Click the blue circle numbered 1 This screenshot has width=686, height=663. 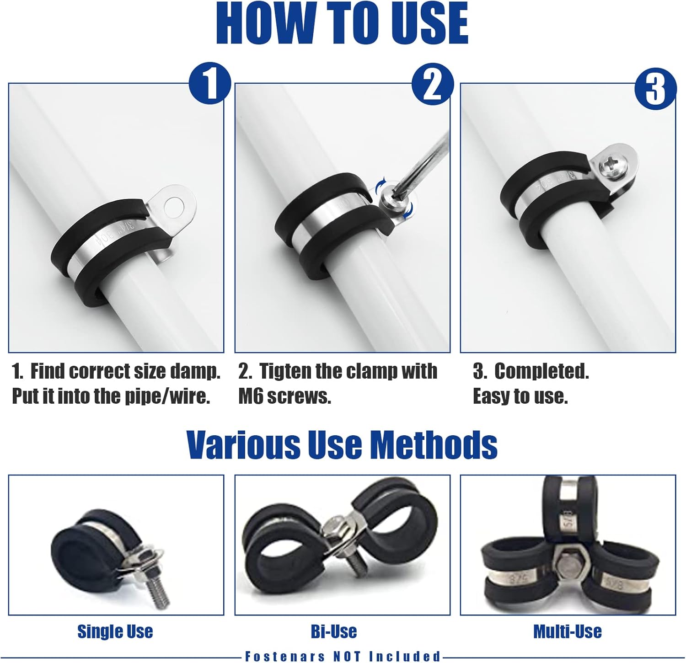tap(210, 84)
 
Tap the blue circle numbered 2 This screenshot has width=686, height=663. tap(433, 84)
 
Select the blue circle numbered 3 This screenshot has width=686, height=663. tap(655, 88)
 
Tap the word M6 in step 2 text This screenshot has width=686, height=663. tap(251, 396)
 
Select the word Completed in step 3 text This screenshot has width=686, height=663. tap(541, 371)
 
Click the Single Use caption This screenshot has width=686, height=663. tap(115, 631)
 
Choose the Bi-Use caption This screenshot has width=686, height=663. tap(334, 631)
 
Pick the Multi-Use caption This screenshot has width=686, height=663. tap(568, 631)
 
